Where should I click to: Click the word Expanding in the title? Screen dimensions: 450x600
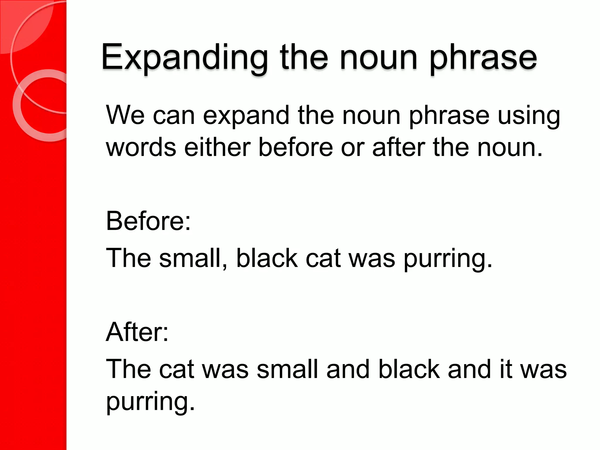tap(185, 57)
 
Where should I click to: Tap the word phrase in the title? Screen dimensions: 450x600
tap(483, 57)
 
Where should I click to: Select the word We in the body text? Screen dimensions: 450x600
tap(125, 115)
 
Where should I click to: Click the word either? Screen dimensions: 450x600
tap(217, 147)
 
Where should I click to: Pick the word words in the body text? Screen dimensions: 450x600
tap(141, 147)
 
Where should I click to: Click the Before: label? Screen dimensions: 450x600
tap(148, 221)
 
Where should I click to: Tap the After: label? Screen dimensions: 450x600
tap(137, 332)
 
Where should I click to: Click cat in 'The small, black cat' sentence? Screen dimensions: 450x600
tap(323, 258)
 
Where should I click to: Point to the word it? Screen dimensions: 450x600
tap(506, 369)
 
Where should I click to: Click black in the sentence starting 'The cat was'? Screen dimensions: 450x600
tap(409, 369)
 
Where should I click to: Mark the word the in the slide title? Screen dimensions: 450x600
tap(304, 57)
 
